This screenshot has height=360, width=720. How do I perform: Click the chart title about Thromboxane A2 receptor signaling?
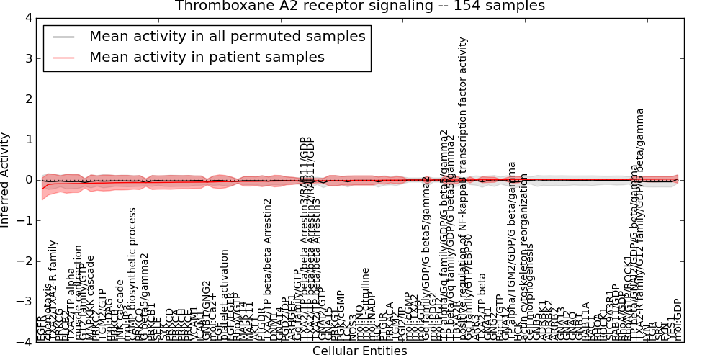coord(359,6)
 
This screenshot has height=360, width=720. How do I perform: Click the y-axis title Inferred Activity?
coord(6,180)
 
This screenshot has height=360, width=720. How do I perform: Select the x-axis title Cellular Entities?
coord(359,351)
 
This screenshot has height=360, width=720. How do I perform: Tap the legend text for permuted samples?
coord(227,36)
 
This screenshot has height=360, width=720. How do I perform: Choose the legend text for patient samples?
coord(207,57)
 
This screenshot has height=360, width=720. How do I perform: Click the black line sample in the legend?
coord(63,37)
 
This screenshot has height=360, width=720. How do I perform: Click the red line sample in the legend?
coord(63,58)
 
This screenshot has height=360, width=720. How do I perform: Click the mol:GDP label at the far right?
coord(678,320)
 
